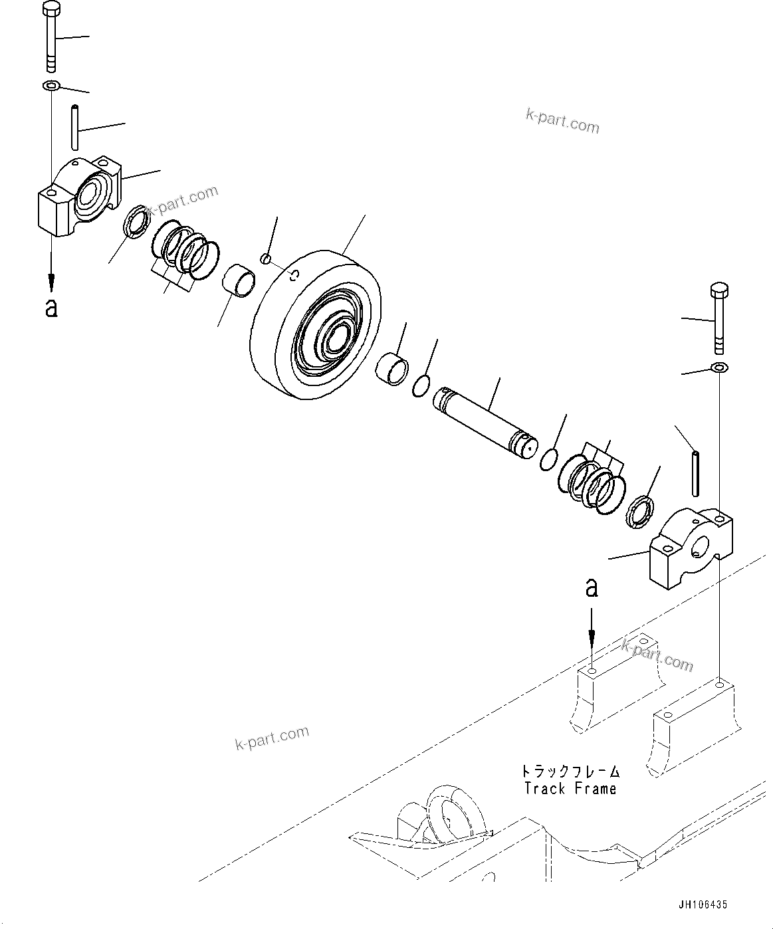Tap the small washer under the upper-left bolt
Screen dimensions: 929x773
(51, 85)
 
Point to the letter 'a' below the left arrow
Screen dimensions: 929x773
(51, 307)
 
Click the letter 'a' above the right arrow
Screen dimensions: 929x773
(591, 587)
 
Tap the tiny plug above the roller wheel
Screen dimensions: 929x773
(266, 258)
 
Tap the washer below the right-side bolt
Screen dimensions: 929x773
(719, 367)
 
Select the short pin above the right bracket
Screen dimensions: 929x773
(695, 473)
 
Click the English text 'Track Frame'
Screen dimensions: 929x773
(570, 789)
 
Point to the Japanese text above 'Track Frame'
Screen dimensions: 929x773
(570, 772)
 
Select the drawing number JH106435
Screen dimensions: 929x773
(703, 904)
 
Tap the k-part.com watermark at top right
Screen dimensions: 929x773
(562, 121)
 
